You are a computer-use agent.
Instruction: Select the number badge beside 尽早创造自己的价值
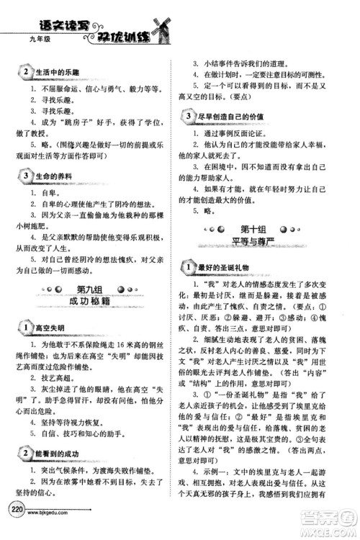pyautogui.click(x=188, y=116)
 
